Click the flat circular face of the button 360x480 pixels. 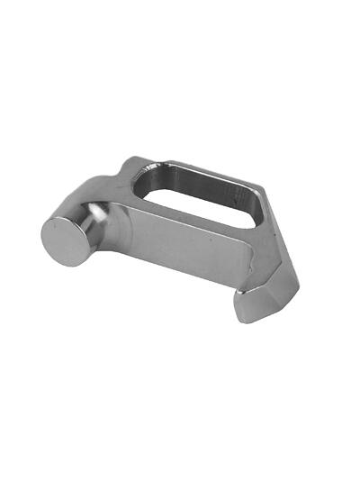coord(64,240)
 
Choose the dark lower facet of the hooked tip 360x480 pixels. coord(261,312)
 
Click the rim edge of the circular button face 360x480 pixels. coord(44,236)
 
